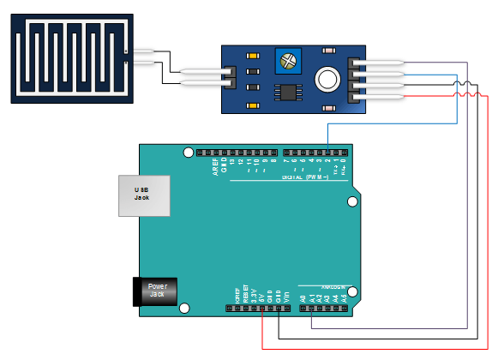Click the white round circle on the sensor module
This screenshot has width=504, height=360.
(327, 80)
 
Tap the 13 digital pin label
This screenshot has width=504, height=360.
(231, 162)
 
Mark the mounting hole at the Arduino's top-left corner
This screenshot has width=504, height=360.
(188, 153)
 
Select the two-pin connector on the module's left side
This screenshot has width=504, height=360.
(228, 77)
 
